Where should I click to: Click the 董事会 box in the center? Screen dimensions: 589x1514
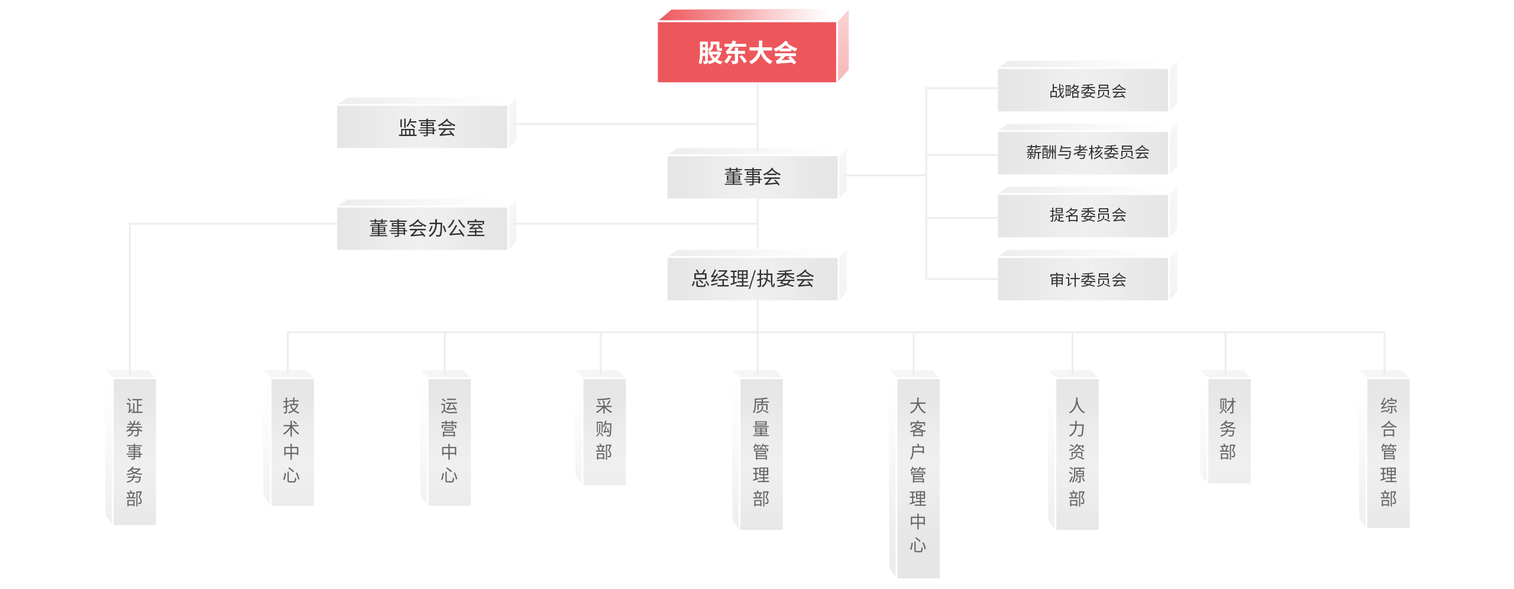[x=753, y=176]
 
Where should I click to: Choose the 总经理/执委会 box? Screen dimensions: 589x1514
[x=753, y=278]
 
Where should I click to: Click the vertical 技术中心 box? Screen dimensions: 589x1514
[x=292, y=441]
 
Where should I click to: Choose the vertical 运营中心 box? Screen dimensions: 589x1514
[x=449, y=441]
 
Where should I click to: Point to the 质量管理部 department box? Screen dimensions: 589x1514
[x=761, y=452]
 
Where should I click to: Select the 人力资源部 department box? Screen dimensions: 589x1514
[x=1077, y=452]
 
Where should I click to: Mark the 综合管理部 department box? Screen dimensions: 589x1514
[x=1388, y=452]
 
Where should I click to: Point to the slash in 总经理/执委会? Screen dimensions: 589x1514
[x=752, y=279]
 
